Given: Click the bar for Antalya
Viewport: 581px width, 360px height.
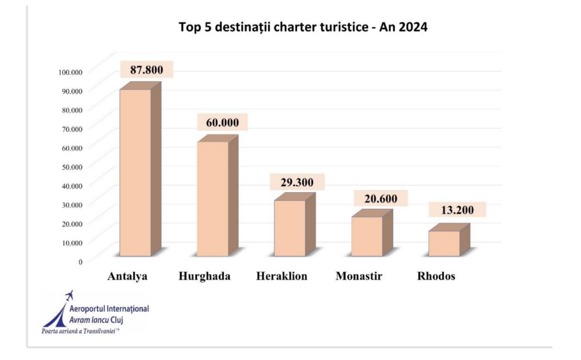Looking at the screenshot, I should [135, 173].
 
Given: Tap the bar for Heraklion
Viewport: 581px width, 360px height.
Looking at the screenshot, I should [290, 228].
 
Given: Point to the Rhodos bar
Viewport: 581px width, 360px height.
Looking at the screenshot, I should [444, 243].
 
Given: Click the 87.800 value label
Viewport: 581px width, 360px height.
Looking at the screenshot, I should [146, 70].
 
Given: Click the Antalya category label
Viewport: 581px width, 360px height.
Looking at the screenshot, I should [128, 277].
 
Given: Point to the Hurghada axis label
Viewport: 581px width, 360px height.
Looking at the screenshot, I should [204, 277].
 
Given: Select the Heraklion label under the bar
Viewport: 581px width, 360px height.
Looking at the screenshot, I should [282, 277].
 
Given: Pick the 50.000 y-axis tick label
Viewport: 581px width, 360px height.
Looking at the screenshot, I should [72, 166].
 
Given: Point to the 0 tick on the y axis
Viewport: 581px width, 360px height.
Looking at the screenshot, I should [81, 261].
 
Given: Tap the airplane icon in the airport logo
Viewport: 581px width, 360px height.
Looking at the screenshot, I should [70, 295].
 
